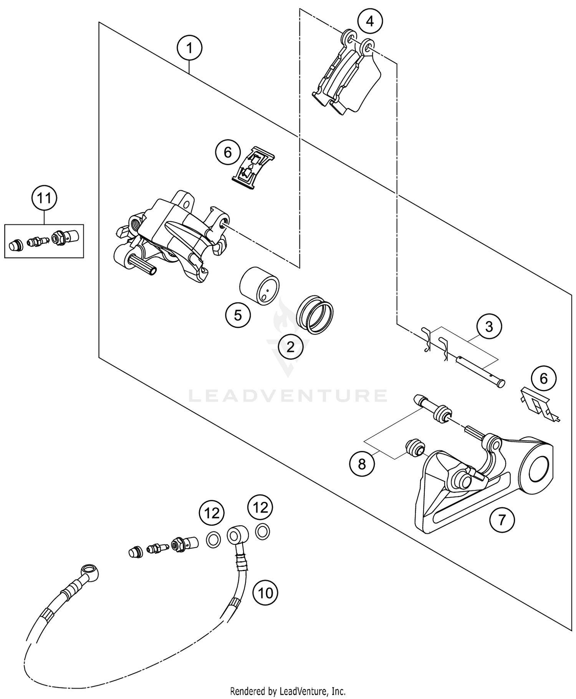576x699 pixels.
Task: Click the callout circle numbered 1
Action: [x=189, y=48]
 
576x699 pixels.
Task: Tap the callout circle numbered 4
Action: [x=370, y=21]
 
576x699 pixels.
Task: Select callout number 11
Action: [x=44, y=199]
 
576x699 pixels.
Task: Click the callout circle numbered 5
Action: [x=238, y=315]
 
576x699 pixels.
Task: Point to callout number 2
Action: [x=290, y=347]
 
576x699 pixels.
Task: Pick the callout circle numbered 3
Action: [x=489, y=327]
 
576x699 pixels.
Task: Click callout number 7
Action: [x=502, y=520]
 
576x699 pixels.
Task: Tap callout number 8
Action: [x=362, y=464]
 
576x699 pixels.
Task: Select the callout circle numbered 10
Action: [x=265, y=593]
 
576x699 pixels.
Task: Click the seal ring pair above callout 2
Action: [x=315, y=314]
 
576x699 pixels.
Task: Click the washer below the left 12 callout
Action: [x=214, y=540]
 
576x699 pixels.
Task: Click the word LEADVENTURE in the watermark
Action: [x=288, y=396]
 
